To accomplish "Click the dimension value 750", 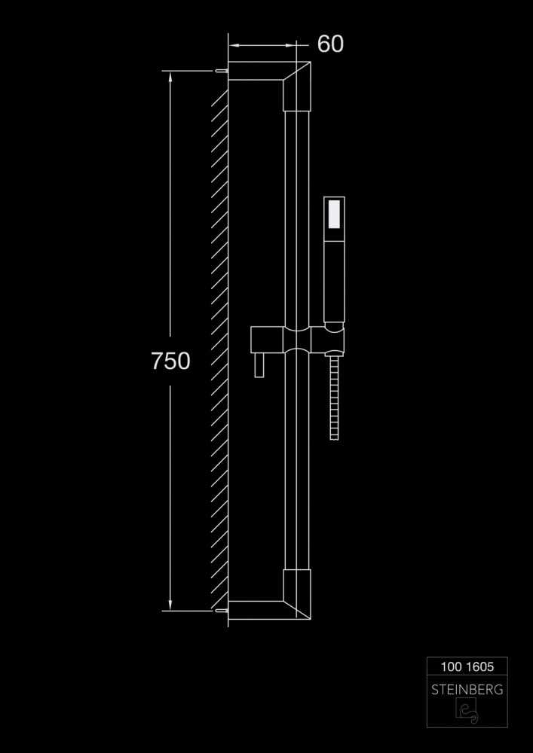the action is click(170, 361).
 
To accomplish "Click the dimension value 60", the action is click(330, 44).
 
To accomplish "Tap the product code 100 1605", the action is click(467, 666).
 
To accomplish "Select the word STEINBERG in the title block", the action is click(467, 690).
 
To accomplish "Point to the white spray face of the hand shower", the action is click(334, 214).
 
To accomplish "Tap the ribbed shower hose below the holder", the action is click(335, 397).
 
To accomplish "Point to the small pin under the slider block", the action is click(259, 365).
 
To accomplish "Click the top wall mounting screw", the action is click(222, 71).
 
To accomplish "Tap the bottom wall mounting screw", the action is click(222, 611).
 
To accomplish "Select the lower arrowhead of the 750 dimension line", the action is click(170, 605).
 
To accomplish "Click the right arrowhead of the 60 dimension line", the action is click(291, 46).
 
